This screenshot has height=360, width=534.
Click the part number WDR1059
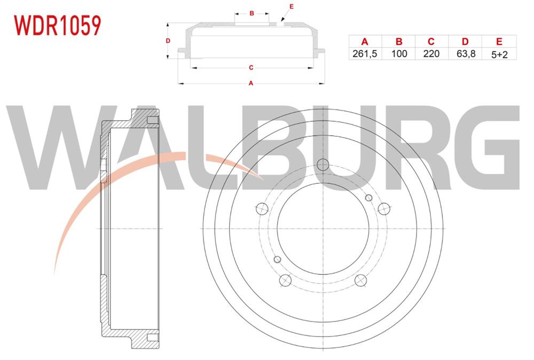coord(57,26)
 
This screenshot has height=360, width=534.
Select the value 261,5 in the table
coord(365,54)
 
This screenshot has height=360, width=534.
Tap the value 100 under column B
coord(399,54)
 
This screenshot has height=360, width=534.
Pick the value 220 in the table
coord(431,54)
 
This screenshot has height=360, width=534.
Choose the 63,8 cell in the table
coord(466,54)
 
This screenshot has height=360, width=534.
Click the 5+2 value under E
coord(499,54)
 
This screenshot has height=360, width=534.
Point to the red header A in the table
coord(365,42)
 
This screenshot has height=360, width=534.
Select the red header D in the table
coord(465,42)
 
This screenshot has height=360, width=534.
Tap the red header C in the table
coord(431,42)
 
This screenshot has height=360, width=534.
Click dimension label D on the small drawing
coord(168,41)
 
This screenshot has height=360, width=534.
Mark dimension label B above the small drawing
coord(252,13)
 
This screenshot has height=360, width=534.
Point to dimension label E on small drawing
coord(291,6)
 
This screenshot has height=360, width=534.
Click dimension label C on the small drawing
coord(251,68)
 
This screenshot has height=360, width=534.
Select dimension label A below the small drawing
coord(251,83)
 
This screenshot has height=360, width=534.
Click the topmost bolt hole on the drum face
coord(323,165)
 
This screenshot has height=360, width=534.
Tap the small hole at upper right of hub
coord(368,198)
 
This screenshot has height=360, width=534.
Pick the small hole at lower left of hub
coord(277,260)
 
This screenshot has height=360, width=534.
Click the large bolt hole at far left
coord(262,208)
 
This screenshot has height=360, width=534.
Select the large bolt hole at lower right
coord(360,280)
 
